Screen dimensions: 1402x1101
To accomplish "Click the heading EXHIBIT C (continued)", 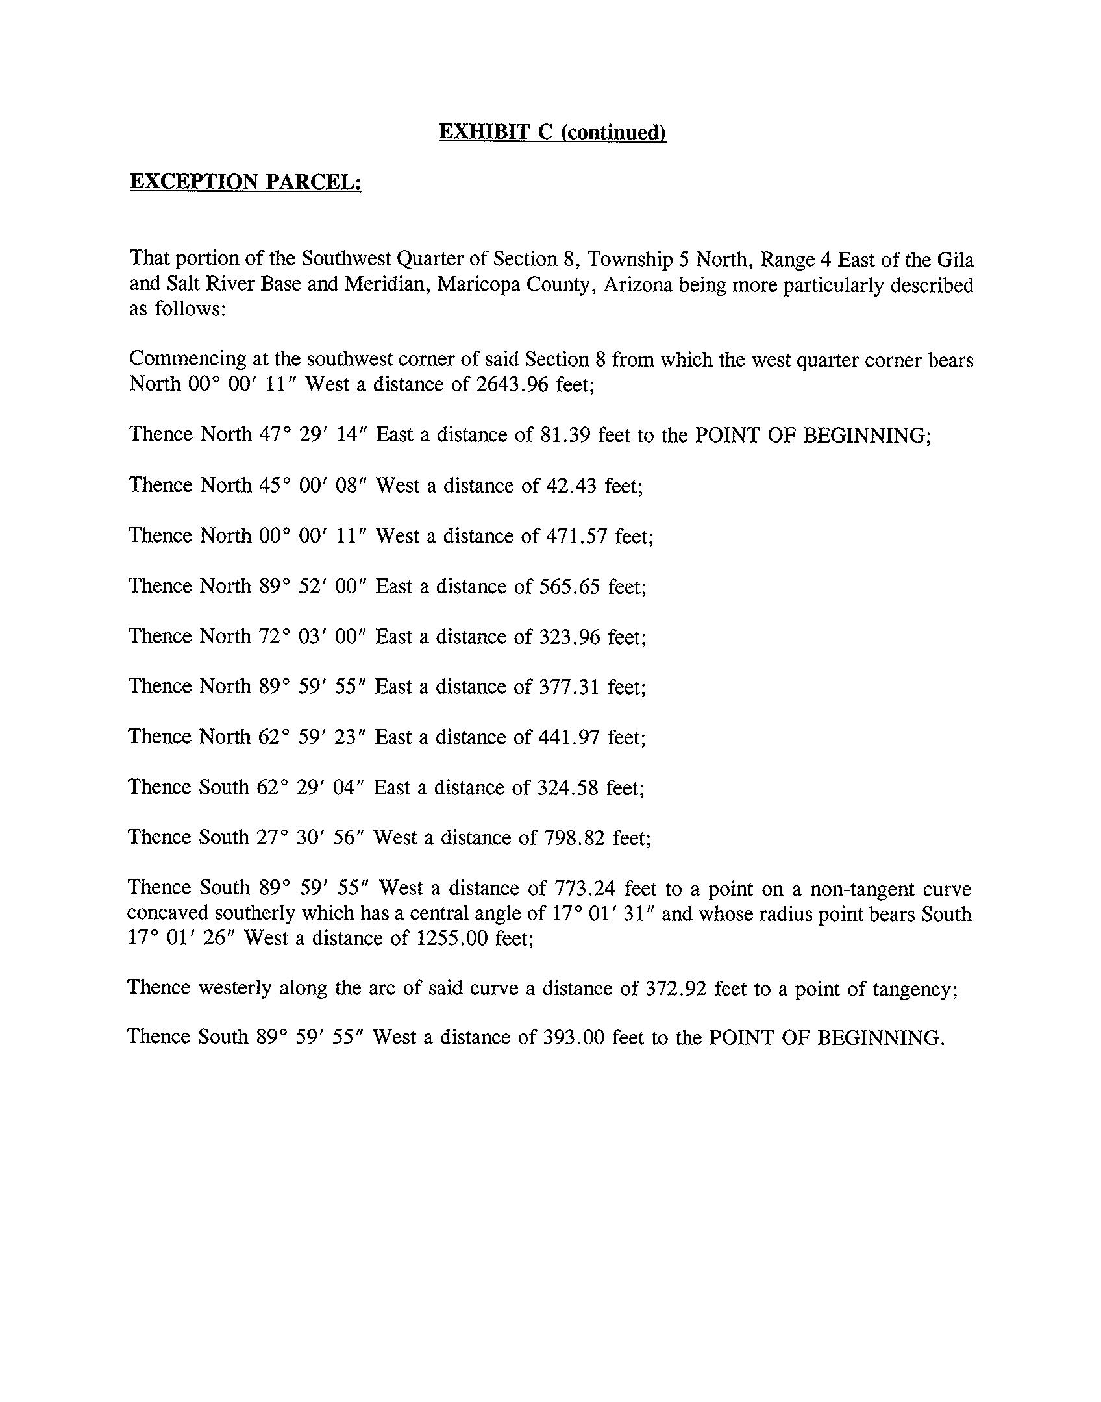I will click(552, 132).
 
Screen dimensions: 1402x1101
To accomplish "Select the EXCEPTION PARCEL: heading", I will click(245, 182).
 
